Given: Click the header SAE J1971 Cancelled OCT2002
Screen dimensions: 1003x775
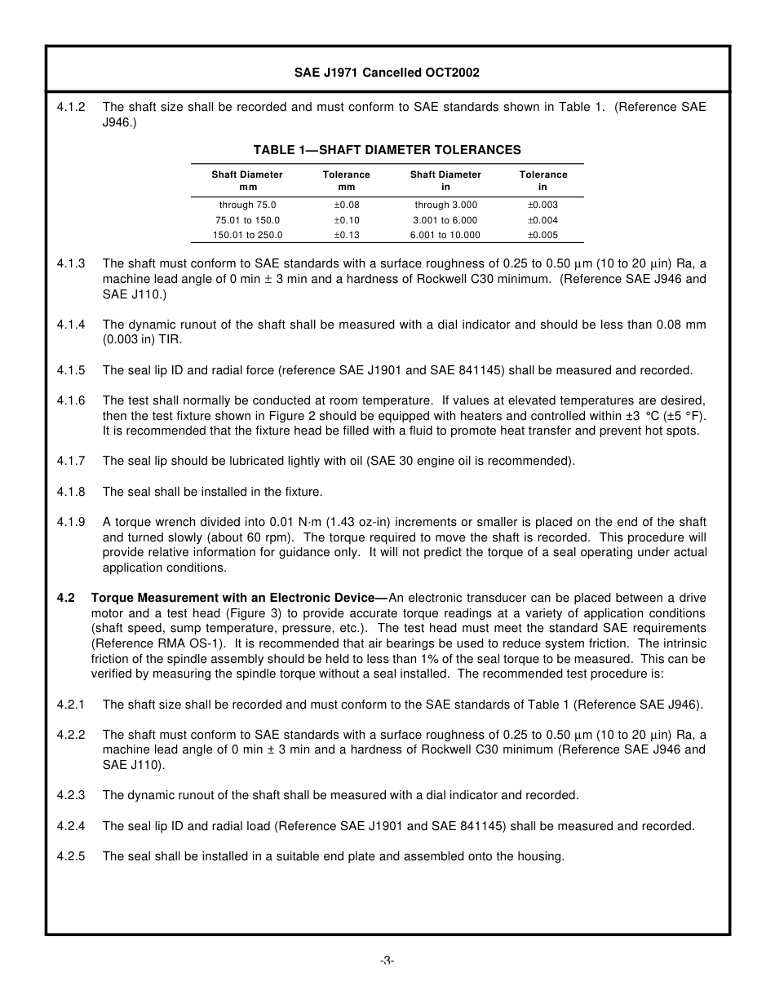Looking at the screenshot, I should click(387, 73).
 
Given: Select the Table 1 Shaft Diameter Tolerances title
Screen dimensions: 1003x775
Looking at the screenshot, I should click(387, 150).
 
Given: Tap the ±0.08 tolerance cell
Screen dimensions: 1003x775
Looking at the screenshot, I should click(346, 205).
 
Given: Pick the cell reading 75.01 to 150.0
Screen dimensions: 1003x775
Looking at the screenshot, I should click(247, 220).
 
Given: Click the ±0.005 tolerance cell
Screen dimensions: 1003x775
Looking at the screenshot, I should click(542, 235).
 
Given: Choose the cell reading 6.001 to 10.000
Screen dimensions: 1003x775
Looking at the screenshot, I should click(445, 235).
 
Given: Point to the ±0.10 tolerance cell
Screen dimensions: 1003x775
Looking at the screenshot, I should click(346, 220).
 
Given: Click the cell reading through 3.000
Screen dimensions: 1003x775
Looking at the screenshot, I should click(445, 205).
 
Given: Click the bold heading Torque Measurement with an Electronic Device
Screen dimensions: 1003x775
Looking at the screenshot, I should click(239, 598).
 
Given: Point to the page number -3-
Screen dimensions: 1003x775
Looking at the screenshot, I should click(387, 961).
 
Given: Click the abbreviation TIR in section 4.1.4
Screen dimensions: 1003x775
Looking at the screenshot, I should click(171, 339).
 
